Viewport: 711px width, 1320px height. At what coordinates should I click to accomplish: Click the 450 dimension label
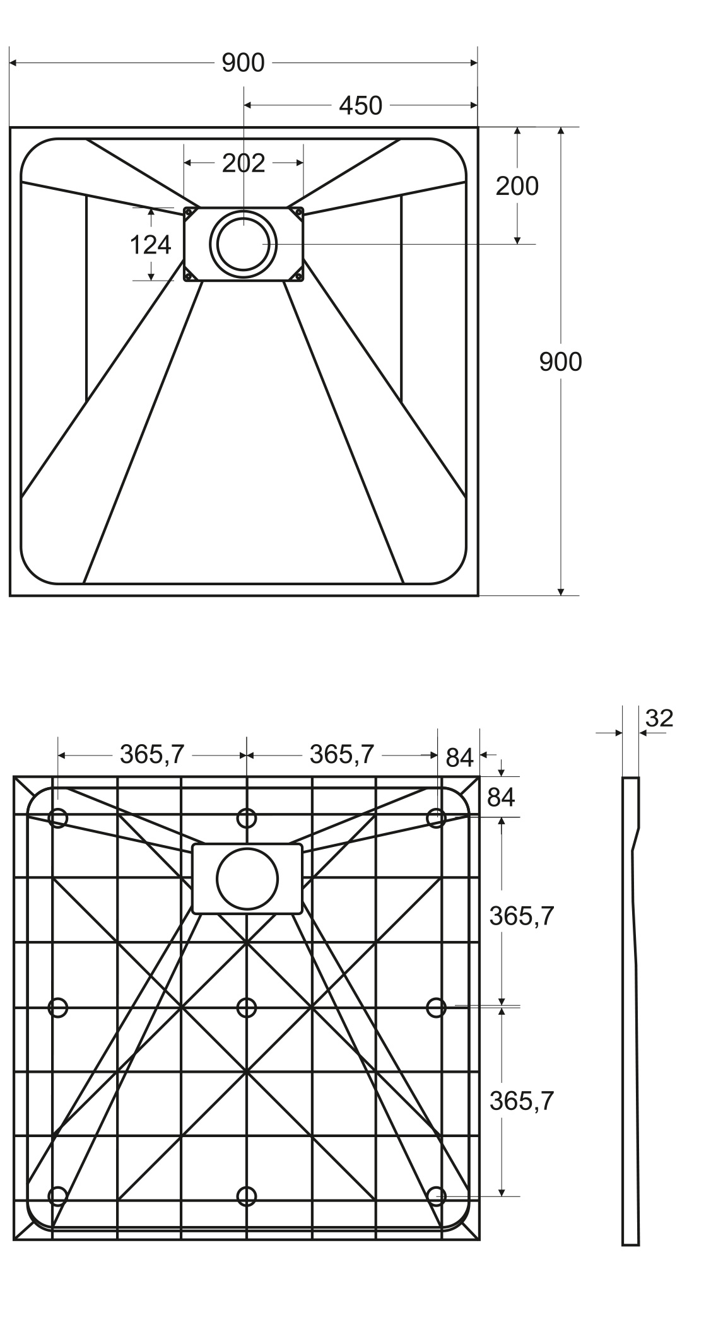(x=360, y=106)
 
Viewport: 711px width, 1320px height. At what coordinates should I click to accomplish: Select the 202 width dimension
(x=244, y=163)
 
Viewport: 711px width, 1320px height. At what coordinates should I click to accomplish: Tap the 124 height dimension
(x=150, y=245)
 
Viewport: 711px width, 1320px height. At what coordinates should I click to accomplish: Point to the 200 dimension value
(x=517, y=186)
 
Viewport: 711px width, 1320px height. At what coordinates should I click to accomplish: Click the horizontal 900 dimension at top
(x=243, y=63)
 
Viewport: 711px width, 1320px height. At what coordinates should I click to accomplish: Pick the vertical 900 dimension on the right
(x=560, y=362)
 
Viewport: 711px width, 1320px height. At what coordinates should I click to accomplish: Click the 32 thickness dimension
(x=659, y=718)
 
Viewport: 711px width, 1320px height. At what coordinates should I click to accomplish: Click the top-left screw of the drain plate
(x=188, y=212)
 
